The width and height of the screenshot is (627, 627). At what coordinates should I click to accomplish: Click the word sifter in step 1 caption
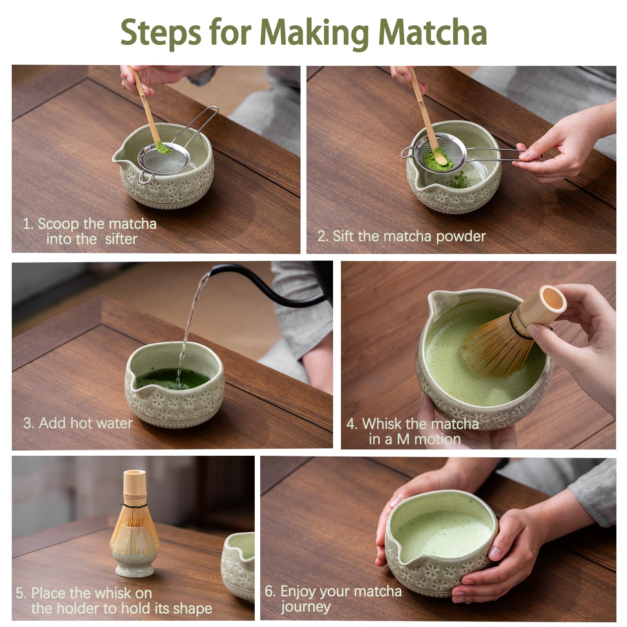coord(121,239)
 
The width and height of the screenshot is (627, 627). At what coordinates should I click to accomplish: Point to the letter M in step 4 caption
coord(403,439)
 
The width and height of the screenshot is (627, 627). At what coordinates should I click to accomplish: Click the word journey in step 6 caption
coord(306,607)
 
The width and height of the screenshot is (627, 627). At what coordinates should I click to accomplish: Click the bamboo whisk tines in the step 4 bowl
coord(494,349)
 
